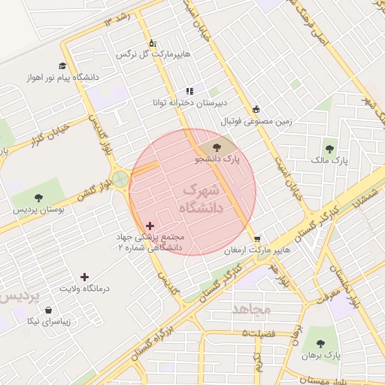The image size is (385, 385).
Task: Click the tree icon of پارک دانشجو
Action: [217, 147]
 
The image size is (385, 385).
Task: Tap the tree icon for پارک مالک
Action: [329, 147]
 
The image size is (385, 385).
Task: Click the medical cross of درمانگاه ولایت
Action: [84, 277]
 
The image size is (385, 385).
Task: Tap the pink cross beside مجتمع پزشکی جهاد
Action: [149, 226]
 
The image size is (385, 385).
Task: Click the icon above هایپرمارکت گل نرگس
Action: [153, 42]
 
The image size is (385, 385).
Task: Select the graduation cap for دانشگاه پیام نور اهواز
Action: [62, 65]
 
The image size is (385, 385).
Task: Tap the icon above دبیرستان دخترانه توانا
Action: [189, 90]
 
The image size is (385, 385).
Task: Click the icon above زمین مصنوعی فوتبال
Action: [256, 108]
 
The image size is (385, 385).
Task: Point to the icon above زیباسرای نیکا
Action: [49, 310]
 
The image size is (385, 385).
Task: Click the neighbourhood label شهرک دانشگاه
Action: [204, 198]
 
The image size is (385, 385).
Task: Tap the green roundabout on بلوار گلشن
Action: [120, 179]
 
